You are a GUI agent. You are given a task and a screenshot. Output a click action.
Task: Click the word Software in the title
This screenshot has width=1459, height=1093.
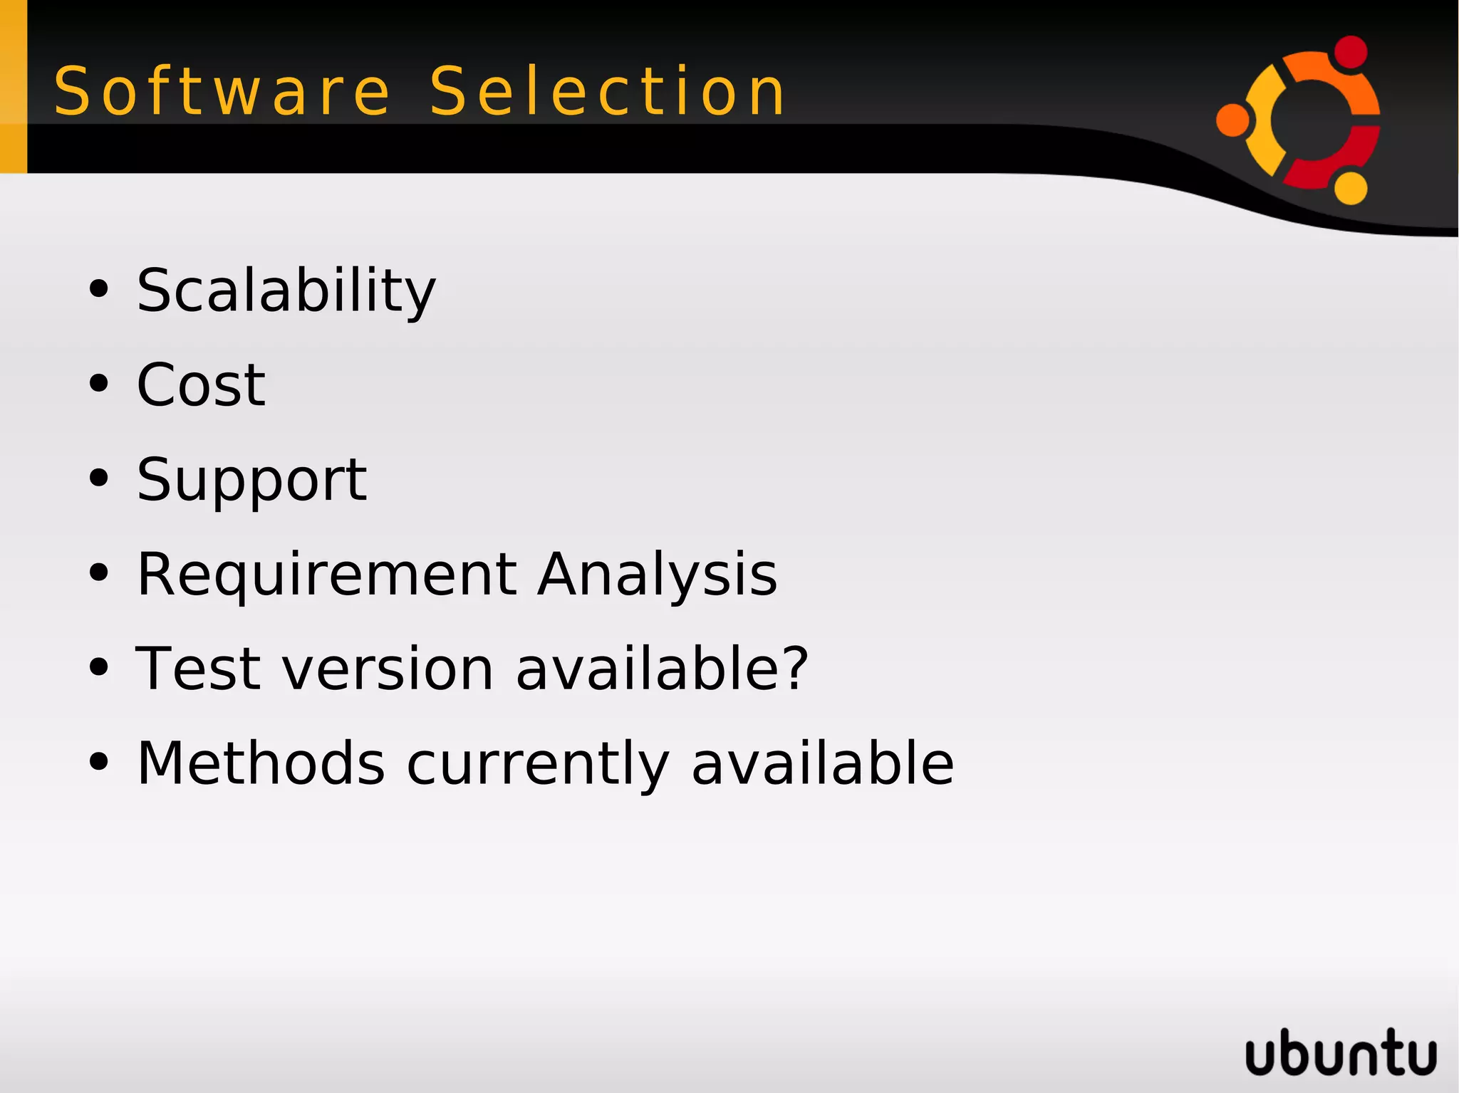222,91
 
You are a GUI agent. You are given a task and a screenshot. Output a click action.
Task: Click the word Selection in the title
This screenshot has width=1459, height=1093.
607,91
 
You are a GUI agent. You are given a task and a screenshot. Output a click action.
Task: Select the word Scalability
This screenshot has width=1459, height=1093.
286,291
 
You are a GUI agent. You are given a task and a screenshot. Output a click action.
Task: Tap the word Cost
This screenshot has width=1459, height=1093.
201,385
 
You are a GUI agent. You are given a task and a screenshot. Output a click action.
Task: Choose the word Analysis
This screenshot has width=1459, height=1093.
657,575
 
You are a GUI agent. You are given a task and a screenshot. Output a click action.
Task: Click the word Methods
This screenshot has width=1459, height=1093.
261,763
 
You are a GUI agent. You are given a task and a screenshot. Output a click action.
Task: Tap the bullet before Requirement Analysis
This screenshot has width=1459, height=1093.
99,573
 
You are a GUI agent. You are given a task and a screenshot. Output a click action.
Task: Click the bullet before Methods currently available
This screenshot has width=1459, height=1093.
99,763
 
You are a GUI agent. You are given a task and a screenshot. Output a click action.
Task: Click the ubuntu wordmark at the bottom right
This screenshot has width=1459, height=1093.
1340,1052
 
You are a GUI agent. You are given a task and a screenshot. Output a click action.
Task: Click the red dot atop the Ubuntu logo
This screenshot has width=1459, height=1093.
1350,52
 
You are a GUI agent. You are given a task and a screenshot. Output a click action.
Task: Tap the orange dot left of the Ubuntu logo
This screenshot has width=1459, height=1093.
1233,120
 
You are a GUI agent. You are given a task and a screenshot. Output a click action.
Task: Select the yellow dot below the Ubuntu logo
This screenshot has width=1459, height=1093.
1350,188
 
